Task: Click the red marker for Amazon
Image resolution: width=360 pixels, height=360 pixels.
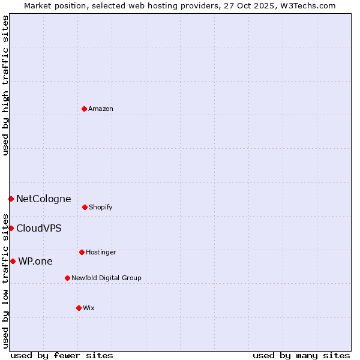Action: [x=84, y=109]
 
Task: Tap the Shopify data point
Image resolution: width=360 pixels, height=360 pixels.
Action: [x=85, y=207]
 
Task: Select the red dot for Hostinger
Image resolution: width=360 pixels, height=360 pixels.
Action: [x=82, y=252]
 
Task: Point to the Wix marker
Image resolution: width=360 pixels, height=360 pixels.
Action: [x=79, y=308]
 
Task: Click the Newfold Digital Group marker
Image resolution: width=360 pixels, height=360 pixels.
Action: [x=67, y=278]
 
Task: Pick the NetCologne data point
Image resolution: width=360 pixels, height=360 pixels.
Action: [x=11, y=199]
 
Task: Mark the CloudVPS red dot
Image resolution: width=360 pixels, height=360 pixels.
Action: [x=11, y=228]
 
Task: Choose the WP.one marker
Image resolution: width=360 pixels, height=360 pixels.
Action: [x=13, y=261]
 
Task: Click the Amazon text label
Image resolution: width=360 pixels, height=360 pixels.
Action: [x=101, y=109]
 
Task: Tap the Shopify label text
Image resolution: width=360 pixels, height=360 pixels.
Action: [x=101, y=207]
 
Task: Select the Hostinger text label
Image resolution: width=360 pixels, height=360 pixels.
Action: [x=101, y=252]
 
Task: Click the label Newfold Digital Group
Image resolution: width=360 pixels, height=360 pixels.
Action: [x=106, y=278]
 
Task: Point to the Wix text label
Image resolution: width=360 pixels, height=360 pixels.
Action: [x=89, y=308]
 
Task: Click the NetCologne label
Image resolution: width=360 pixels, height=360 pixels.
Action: [x=43, y=199]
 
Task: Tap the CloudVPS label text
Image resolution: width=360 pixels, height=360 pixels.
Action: [x=38, y=228]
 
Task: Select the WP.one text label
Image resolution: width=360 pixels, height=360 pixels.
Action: [x=35, y=261]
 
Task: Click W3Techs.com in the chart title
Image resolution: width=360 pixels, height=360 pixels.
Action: [x=310, y=5]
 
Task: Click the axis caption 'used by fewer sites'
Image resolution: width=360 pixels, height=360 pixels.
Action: [x=62, y=355]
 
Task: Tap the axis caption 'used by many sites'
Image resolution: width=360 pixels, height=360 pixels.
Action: [x=301, y=355]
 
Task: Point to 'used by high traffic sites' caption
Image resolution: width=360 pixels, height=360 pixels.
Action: [x=5, y=85]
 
